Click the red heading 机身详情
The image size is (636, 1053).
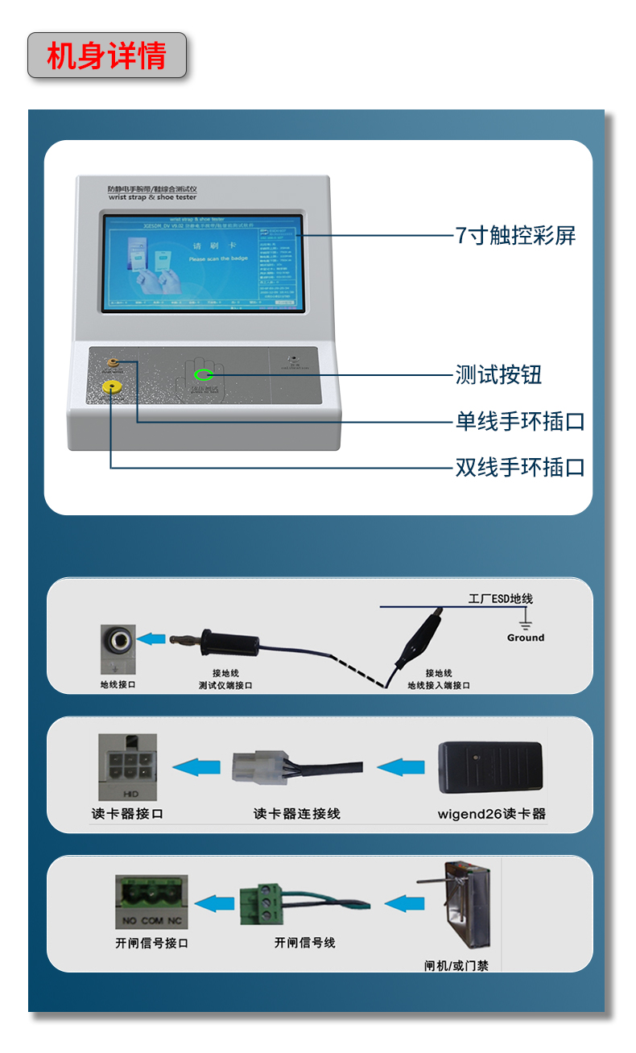pos(106,56)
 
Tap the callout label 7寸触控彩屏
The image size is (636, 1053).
pos(515,235)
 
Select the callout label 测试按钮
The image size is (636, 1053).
pos(498,374)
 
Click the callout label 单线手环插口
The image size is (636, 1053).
pos(520,421)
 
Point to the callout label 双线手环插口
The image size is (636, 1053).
pos(520,467)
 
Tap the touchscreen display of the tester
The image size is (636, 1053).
pos(202,262)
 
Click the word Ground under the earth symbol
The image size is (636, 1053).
pos(525,638)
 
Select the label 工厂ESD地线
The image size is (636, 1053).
pos(500,599)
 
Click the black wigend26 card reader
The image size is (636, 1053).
pos(489,767)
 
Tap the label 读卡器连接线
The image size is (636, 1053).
pos(296,813)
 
